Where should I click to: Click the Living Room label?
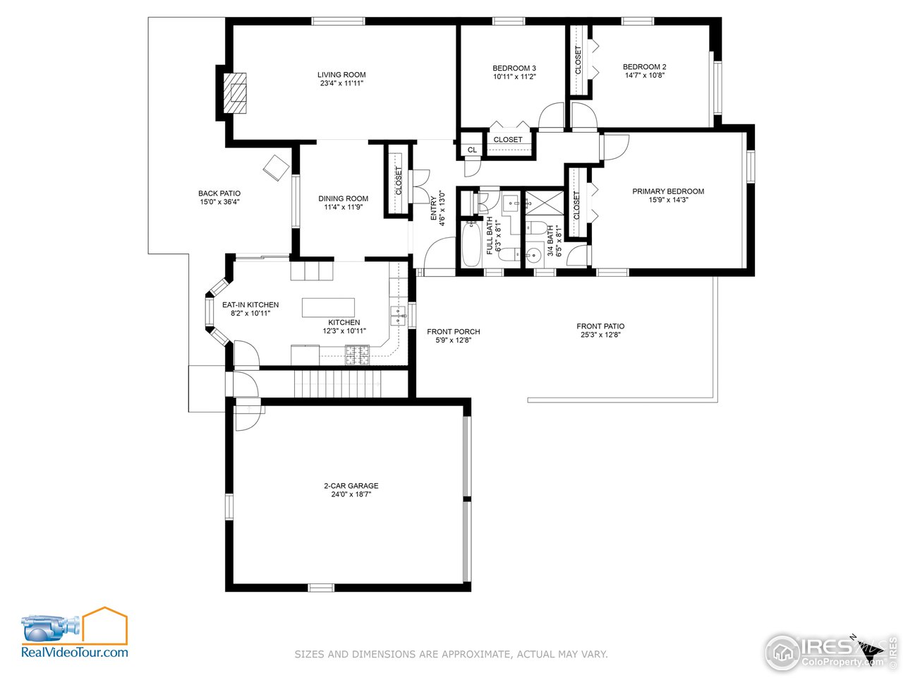pos(341,75)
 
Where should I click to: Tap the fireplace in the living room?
pos(236,92)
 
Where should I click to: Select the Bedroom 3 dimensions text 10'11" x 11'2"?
pos(514,77)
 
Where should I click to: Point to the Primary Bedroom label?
pos(668,191)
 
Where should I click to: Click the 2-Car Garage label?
pos(351,486)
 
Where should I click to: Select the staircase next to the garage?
pos(337,383)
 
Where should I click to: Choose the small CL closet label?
pos(472,150)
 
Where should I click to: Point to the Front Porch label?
pos(454,332)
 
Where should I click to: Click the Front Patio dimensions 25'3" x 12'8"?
pos(600,335)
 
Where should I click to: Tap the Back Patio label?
pos(219,194)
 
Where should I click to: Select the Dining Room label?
pos(344,199)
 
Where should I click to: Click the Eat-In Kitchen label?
pos(250,305)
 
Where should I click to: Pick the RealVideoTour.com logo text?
pos(75,652)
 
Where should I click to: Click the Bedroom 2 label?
pos(645,67)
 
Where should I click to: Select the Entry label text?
pos(435,208)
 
